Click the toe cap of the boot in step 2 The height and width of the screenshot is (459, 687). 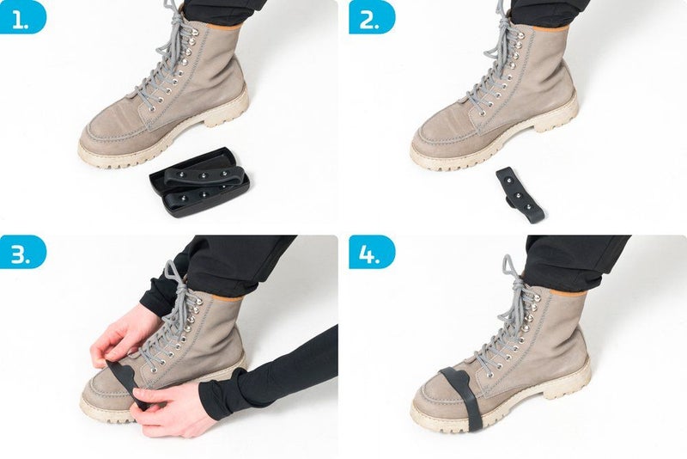438,142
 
